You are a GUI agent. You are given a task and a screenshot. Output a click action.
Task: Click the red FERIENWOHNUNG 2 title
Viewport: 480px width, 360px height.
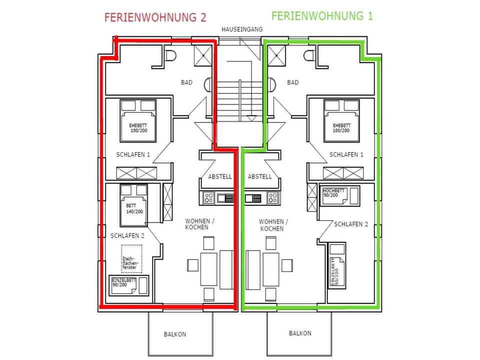pos(155,17)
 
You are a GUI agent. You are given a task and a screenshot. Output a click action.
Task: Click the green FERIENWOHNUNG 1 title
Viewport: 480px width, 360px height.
pos(322,15)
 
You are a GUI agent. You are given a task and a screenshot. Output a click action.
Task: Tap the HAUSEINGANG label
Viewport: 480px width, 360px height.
pos(242,30)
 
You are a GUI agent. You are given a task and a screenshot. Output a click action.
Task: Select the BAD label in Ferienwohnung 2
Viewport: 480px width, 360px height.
pos(186,82)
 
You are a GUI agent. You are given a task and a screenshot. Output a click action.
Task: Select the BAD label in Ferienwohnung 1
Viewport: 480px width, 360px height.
pos(293,82)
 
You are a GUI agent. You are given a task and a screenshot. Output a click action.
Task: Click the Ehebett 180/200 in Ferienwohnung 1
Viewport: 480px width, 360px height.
pos(341,120)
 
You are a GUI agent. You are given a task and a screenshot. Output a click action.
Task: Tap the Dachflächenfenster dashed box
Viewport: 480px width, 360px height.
pos(131,258)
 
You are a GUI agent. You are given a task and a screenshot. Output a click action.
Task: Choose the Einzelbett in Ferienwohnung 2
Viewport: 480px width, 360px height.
pos(129,285)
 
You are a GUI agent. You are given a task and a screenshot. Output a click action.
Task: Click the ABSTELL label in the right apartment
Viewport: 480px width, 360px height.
pos(259,176)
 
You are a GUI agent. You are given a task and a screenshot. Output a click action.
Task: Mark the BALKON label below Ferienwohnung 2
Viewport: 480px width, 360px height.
pos(175,334)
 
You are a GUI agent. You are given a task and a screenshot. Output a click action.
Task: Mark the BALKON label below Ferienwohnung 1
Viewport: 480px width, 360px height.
pos(299,333)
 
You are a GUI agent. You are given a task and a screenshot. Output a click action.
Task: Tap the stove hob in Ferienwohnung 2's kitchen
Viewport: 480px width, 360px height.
pos(208,198)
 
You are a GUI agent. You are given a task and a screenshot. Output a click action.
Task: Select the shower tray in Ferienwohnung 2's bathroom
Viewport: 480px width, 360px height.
pos(202,54)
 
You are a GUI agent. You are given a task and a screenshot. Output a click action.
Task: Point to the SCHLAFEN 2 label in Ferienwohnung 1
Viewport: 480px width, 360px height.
pos(351,224)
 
